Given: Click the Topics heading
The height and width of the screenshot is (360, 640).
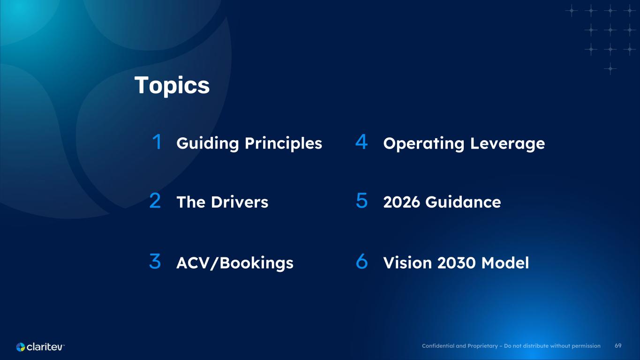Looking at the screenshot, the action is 172,85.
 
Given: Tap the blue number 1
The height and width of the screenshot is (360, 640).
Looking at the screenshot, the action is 157,142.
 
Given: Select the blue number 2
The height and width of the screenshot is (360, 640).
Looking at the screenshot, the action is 155,201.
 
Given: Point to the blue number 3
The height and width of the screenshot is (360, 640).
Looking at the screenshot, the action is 155,261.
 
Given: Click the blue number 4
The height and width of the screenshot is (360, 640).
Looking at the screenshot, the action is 361,142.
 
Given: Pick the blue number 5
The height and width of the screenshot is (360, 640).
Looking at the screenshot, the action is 361,201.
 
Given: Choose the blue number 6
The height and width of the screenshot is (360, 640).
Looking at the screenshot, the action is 361,261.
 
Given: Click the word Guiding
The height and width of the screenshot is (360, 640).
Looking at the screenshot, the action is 208,143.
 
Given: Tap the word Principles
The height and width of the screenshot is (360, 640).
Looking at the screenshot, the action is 283,143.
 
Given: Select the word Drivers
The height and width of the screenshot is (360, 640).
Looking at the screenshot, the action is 240,202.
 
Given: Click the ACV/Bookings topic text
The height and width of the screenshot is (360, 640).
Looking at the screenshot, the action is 235,263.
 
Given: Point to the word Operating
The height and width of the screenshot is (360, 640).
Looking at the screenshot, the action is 424,144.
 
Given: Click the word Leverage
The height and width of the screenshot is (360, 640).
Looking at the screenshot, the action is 507,144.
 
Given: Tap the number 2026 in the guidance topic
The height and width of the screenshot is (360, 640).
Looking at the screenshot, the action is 401,202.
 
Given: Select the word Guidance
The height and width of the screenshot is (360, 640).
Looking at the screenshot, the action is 463,202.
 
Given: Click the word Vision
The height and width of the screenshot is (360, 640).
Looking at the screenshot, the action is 407,263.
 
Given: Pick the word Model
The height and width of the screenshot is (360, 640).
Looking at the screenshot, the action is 505,263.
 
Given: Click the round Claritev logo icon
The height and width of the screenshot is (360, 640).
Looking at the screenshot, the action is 21,347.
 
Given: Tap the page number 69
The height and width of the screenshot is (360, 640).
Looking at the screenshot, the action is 618,346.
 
